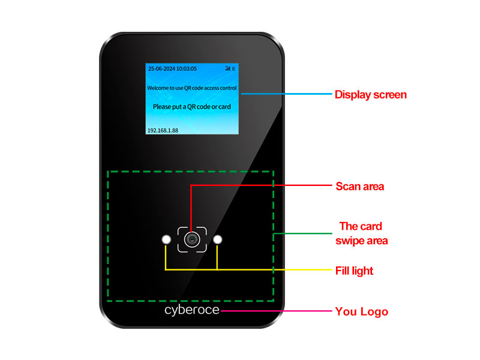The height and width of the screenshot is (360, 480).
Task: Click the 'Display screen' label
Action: click(x=370, y=94)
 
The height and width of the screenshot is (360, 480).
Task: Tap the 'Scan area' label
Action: click(x=359, y=186)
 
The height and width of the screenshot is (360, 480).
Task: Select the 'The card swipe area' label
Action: click(x=361, y=233)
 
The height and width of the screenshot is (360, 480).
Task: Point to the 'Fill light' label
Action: click(x=354, y=271)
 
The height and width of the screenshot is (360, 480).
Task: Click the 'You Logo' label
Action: click(x=361, y=311)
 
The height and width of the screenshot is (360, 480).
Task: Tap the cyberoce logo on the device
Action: click(x=192, y=310)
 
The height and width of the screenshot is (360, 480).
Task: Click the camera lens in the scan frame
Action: click(x=191, y=239)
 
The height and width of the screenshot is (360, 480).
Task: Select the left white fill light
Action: click(x=166, y=240)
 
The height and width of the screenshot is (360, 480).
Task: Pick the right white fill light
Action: click(x=218, y=240)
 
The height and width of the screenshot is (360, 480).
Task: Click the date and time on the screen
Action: click(x=172, y=69)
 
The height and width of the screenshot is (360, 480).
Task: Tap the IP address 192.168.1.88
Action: click(x=163, y=130)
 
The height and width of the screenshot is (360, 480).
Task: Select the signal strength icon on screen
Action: click(x=227, y=69)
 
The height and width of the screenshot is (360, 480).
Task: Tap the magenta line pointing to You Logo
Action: click(x=276, y=311)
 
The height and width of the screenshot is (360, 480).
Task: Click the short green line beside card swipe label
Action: click(x=302, y=233)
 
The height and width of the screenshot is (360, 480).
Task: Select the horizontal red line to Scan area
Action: click(x=264, y=185)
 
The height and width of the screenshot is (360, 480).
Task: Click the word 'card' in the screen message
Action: click(x=224, y=106)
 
